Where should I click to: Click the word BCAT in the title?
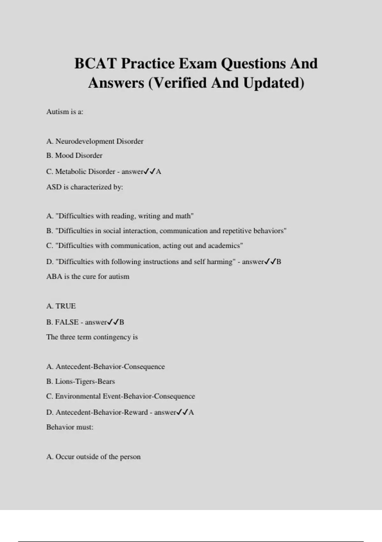coord(95,63)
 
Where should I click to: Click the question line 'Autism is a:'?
coord(65,112)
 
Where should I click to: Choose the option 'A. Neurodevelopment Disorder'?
coord(95,141)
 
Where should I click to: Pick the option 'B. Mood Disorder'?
coord(74,156)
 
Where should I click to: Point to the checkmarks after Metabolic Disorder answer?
coord(149,172)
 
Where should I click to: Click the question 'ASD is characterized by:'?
coord(85,187)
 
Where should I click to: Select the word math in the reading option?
coord(184,216)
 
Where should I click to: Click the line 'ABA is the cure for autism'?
coord(88,276)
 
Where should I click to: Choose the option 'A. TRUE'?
coord(61,306)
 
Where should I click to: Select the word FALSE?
coord(67,322)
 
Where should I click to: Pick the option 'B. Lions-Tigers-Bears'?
coord(81,381)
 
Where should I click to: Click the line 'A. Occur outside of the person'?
coord(93,457)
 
